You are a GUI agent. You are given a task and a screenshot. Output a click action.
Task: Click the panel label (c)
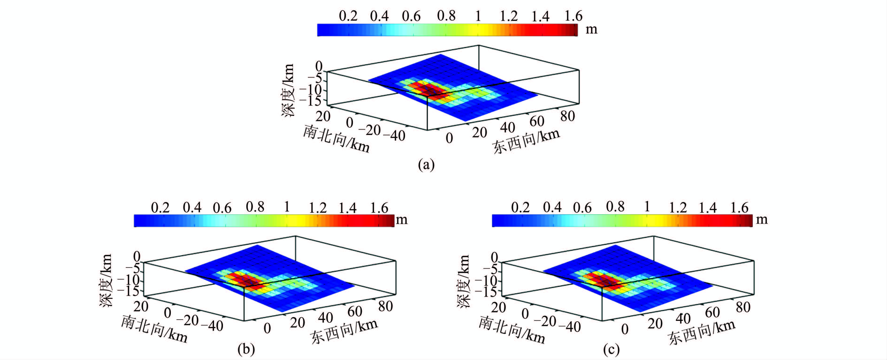coord(611,350)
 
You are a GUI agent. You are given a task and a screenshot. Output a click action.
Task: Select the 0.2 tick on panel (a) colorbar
coord(348,16)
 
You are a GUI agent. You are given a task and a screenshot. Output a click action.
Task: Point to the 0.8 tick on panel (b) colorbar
coord(255,207)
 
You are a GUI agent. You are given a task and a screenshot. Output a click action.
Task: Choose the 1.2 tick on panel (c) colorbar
coord(678,208)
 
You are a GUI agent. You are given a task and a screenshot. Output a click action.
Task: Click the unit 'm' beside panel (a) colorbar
coord(592,30)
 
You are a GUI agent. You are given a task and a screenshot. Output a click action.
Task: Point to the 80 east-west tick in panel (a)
coord(567,117)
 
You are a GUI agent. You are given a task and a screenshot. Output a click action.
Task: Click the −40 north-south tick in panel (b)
coord(212,326)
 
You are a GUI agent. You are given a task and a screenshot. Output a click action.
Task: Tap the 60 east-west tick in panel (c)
coord(712,312)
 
